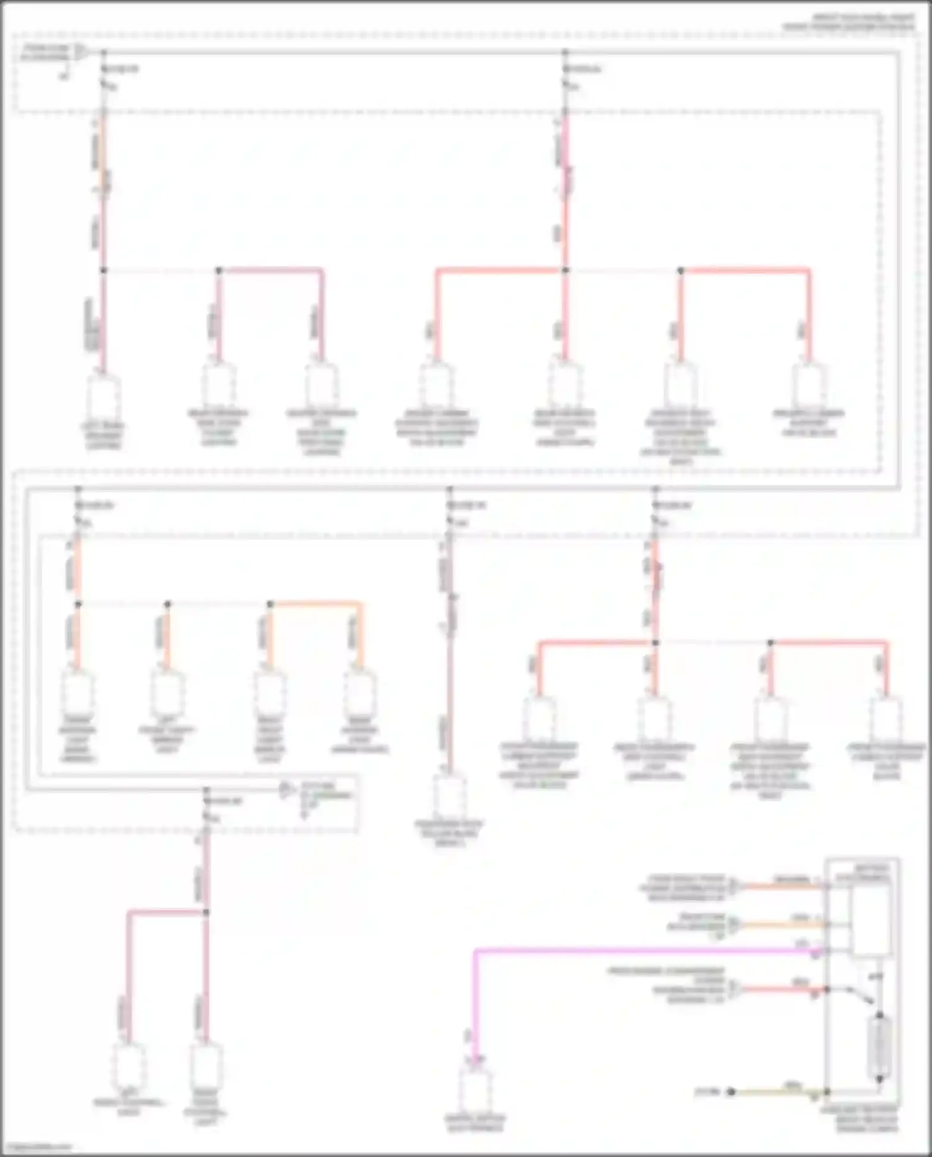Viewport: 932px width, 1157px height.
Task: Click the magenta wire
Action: [x=621, y=951]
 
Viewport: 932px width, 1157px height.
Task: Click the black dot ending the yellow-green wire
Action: [x=731, y=1092]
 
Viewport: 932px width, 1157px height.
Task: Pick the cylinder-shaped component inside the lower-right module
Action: [x=879, y=1048]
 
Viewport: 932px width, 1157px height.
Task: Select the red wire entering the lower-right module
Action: [x=783, y=989]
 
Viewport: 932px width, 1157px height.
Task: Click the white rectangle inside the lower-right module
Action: [x=869, y=921]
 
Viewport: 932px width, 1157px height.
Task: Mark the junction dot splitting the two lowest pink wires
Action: [x=207, y=912]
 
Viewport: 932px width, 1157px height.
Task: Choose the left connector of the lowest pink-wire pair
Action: [x=129, y=1064]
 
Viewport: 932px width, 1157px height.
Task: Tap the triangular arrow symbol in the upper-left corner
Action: [x=81, y=53]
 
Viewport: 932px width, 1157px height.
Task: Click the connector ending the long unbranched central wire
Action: [x=450, y=796]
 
